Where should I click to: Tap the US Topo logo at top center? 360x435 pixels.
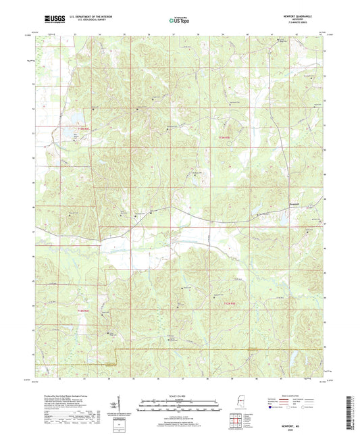pos(178,21)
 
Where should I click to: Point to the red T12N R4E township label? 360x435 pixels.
pos(82,310)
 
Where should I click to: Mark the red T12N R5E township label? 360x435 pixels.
pos(230,303)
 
